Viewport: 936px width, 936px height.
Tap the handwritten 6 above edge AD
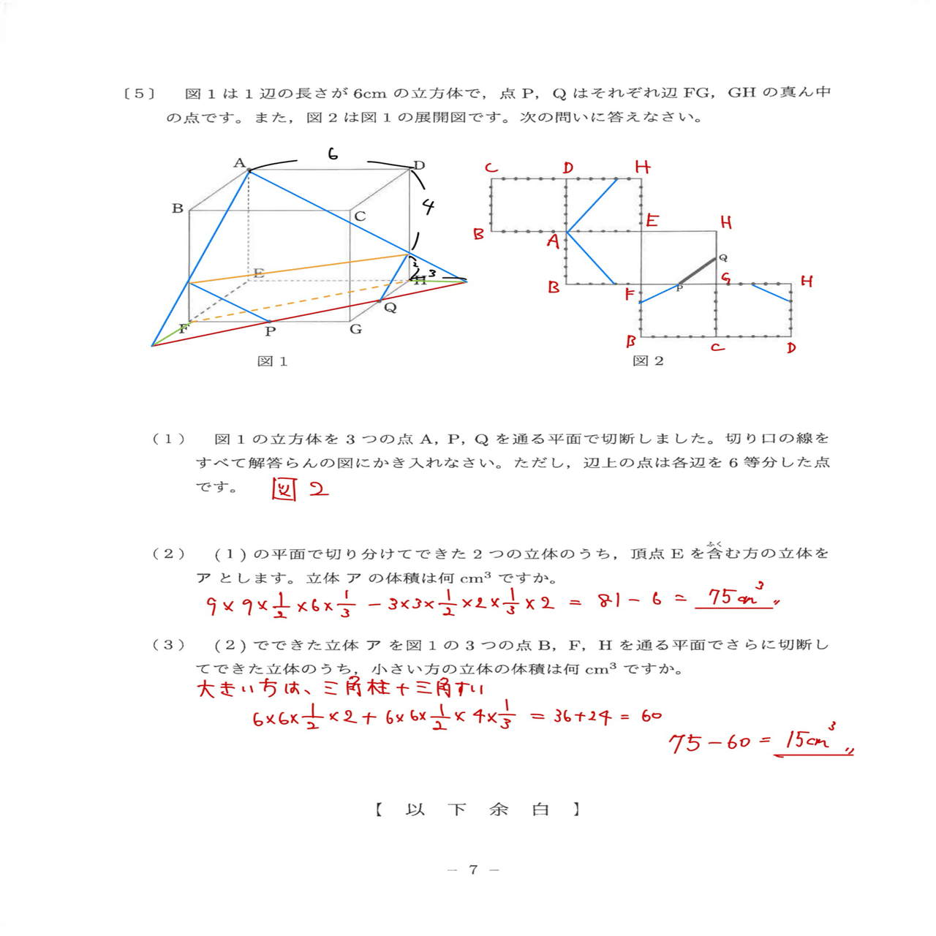click(333, 154)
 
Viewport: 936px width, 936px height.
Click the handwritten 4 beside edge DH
click(429, 207)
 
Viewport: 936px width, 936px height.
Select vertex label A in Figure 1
click(239, 163)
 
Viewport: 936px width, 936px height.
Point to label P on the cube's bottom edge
click(271, 331)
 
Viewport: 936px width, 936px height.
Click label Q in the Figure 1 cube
click(390, 308)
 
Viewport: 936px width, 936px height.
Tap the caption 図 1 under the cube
click(272, 361)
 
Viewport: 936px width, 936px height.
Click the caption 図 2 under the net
click(648, 361)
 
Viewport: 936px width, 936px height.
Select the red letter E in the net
click(652, 220)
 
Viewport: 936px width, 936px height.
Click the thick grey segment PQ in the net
click(698, 271)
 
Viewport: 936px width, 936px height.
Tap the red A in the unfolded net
click(554, 241)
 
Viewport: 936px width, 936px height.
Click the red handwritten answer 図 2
click(300, 488)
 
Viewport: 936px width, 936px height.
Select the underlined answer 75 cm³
click(733, 597)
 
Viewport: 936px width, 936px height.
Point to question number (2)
click(168, 554)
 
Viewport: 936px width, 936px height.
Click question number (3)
click(168, 645)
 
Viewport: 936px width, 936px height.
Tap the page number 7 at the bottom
click(473, 869)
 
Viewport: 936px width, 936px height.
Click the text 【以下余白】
click(478, 809)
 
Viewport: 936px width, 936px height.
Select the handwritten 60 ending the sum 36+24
click(651, 716)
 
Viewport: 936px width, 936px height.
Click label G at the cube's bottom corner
click(355, 329)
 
